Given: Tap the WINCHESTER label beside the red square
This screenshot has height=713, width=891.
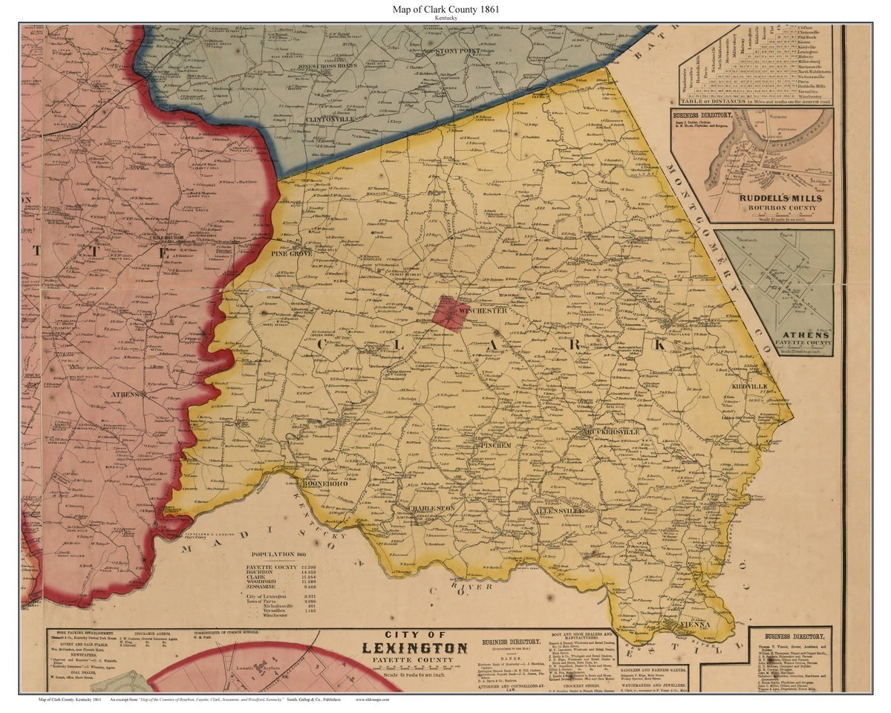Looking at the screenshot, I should pos(482,310).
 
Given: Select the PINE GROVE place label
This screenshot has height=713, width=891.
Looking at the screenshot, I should pos(291,253).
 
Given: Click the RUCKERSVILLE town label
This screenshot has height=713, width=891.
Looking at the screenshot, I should pos(612,432).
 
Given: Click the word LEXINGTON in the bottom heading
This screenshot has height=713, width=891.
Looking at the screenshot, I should pos(414,647).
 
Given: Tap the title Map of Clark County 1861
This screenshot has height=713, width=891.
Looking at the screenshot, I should pos(446,10).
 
